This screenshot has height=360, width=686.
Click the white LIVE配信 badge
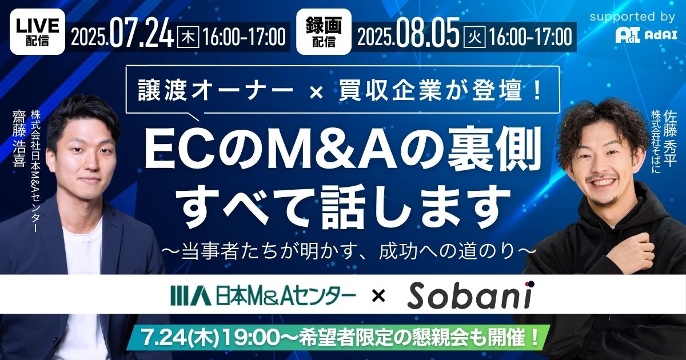point(37,31)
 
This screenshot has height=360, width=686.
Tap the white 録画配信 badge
point(324,31)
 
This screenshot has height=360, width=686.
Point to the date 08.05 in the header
point(428,36)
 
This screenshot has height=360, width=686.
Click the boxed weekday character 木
point(188,37)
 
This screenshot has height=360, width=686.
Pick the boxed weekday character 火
point(474,37)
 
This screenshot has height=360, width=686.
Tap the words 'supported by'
point(632,17)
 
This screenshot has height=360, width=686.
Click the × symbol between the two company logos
point(378,296)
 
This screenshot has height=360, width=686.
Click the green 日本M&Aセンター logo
point(263,296)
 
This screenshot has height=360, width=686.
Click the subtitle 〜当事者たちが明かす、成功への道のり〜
point(349,252)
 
